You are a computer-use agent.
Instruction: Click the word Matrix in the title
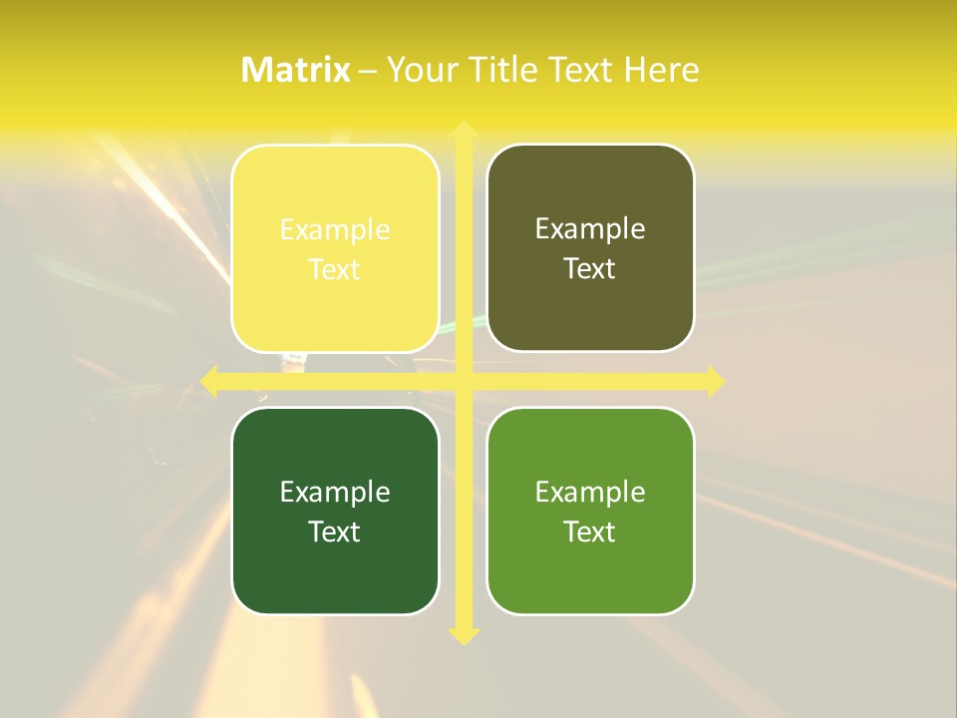[x=296, y=69]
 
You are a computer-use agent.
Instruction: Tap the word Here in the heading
[x=662, y=69]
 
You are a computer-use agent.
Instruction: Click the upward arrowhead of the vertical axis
[x=463, y=130]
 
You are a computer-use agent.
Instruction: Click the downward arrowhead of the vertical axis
[x=463, y=635]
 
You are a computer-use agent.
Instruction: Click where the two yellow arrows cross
[x=463, y=381]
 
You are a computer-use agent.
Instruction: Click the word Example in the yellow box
[x=335, y=230]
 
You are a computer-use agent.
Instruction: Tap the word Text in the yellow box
[x=335, y=269]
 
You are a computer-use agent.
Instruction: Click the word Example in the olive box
[x=590, y=229]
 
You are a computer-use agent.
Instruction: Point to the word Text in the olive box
[x=590, y=268]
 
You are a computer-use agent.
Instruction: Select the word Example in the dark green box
[x=335, y=492]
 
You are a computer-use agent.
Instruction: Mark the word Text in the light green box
[x=590, y=532]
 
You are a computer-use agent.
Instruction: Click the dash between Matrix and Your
[x=368, y=70]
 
